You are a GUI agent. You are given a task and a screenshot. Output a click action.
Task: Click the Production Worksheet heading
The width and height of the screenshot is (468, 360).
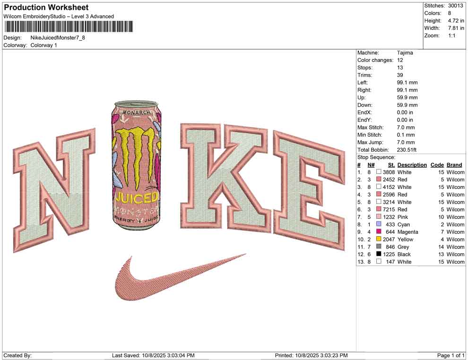point(46,8)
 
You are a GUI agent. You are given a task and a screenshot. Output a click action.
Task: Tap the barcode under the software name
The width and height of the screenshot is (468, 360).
point(69,27)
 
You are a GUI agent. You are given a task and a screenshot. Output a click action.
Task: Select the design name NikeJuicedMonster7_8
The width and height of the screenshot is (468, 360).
point(58,38)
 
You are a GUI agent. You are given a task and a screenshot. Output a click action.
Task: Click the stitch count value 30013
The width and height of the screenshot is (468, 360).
point(455,6)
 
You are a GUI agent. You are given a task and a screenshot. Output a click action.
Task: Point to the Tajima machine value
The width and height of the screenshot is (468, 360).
point(405,53)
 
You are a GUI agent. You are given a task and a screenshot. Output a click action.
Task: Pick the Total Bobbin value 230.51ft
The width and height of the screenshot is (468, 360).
point(407,150)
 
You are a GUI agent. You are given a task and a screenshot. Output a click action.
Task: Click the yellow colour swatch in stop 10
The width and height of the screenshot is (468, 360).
point(379,239)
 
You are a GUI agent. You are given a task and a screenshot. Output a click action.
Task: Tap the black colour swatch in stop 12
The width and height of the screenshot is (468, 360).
point(379,254)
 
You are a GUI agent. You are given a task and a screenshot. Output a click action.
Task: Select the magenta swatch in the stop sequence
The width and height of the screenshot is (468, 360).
point(379,231)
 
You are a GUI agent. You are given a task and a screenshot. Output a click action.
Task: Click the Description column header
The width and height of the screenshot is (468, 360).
point(412,165)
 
